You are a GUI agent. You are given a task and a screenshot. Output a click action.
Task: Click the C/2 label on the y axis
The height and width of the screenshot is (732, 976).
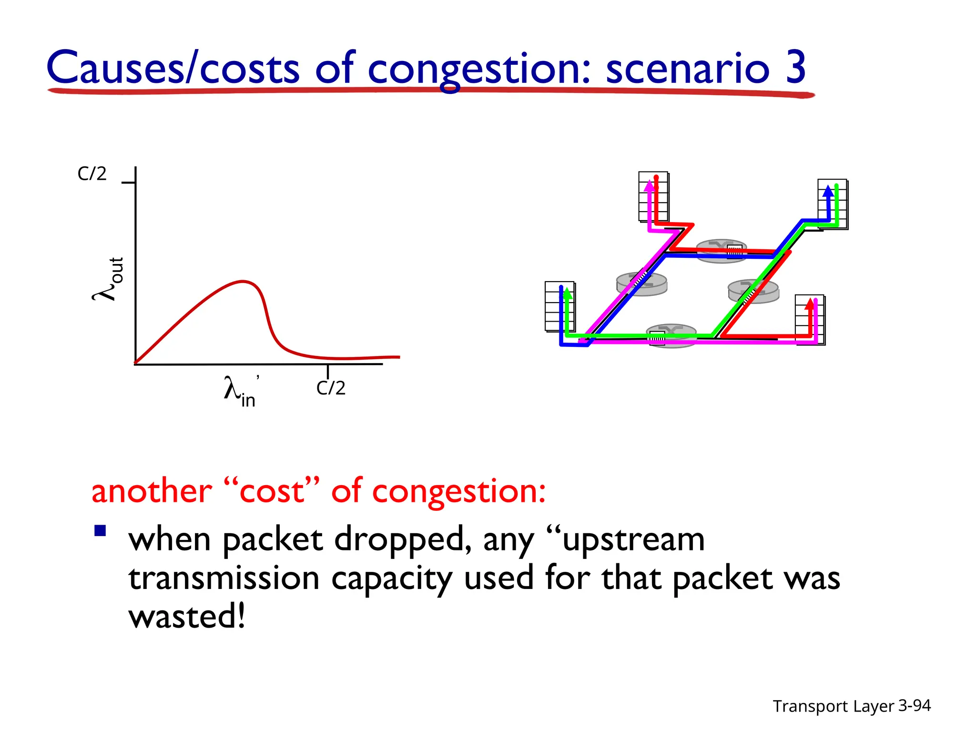point(92,174)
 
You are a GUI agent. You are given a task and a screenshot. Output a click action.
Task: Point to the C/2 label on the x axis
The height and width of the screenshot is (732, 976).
point(330,388)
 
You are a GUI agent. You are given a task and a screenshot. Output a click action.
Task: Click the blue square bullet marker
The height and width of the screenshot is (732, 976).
point(100,531)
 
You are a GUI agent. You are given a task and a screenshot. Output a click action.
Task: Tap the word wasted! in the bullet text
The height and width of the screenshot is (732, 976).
point(187,616)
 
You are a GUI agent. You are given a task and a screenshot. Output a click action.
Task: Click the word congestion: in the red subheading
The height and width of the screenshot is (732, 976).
point(458,491)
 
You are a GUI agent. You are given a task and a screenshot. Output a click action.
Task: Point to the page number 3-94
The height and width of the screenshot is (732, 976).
point(914,705)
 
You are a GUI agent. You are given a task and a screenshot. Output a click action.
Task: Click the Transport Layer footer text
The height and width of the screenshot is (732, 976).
point(833,706)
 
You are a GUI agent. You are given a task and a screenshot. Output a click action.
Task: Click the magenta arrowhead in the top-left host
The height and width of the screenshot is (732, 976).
point(650,186)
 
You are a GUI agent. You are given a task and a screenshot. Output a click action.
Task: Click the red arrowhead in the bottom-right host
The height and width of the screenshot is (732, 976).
point(809,303)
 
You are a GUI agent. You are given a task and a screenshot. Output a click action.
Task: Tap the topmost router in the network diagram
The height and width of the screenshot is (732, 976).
point(721,250)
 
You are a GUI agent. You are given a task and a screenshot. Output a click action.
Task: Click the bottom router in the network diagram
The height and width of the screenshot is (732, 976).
point(671,335)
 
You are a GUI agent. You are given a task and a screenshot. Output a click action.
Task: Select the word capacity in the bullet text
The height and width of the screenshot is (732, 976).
point(391,578)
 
